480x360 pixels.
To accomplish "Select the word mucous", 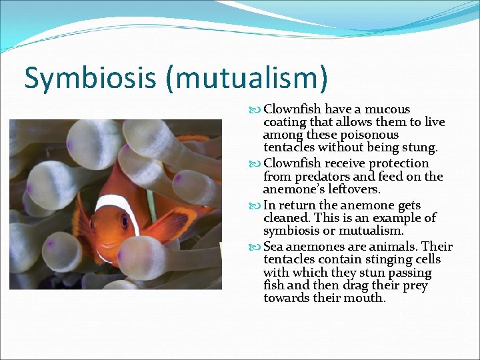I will click(x=389, y=109).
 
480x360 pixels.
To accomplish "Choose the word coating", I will click(x=286, y=122).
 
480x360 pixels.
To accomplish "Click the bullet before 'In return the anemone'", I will click(x=257, y=205).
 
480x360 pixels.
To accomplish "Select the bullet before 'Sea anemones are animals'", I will click(x=257, y=247).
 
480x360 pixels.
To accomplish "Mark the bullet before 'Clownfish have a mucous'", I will click(x=257, y=109).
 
